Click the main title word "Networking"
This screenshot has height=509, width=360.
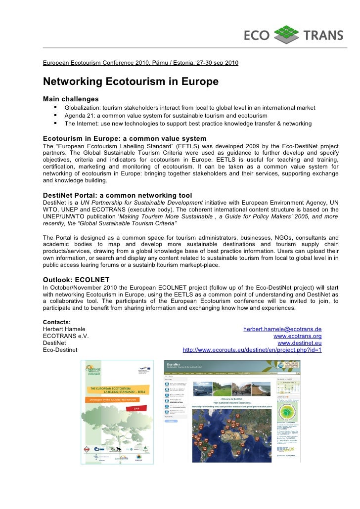click(74, 81)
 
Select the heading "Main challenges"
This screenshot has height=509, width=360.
click(71, 99)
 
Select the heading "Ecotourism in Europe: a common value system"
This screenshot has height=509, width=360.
click(125, 138)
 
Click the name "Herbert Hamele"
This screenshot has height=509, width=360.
click(64, 329)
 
